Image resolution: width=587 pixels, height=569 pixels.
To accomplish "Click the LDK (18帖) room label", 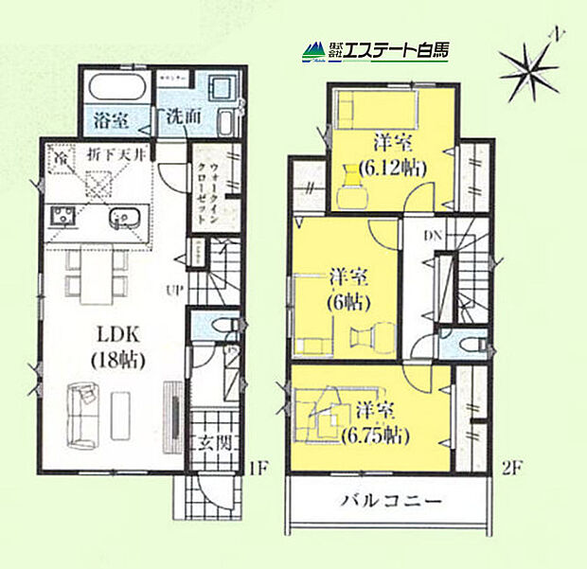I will coord(116,346).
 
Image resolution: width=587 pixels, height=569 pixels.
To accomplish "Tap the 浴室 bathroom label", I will coord(112,120).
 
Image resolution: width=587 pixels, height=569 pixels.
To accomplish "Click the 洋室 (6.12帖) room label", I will coord(390,154).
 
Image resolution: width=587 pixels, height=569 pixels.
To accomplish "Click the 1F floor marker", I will coord(257,468).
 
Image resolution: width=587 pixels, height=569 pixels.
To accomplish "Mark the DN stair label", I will coord(431,236).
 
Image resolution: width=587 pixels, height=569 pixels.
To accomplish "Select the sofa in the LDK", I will coord(81,414).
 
